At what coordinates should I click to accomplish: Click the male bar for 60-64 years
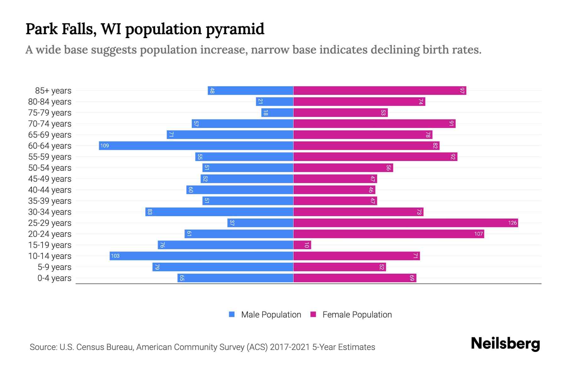tap(196, 146)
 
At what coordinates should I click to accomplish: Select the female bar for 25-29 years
tap(405, 223)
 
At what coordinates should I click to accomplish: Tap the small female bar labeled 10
tap(302, 245)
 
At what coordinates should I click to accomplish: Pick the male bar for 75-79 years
tap(277, 112)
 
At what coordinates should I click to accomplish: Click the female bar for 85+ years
tap(380, 90)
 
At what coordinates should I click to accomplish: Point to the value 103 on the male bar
tap(115, 256)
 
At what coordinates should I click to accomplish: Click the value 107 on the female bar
tap(478, 234)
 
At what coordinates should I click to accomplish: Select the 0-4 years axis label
tap(54, 278)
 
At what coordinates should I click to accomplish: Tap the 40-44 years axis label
tap(50, 190)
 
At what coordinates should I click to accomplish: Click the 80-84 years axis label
tap(50, 102)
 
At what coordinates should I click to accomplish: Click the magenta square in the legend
tap(313, 314)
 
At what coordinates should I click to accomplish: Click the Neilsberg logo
tap(505, 344)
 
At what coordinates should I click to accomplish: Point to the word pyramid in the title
tap(235, 29)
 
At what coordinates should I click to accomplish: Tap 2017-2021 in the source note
tap(290, 347)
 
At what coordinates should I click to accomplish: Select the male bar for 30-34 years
tap(219, 212)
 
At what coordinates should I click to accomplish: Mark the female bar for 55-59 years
tap(375, 157)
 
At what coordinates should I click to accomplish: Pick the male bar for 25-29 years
tap(260, 223)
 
